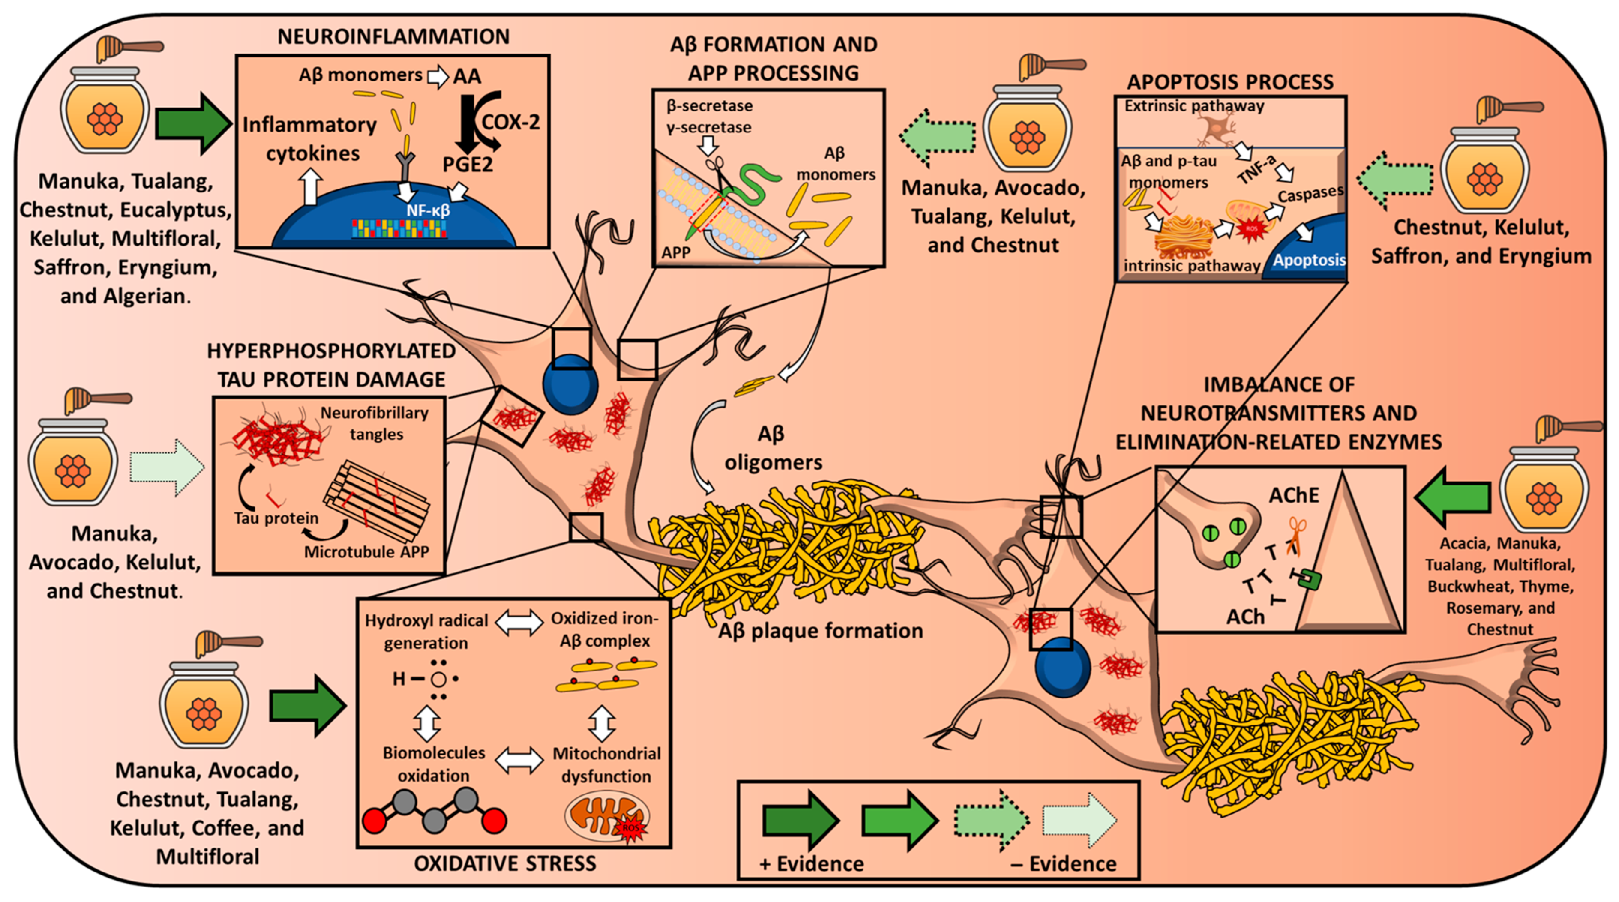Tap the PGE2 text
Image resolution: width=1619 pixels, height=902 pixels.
tap(468, 164)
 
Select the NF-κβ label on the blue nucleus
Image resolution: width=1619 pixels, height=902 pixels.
tap(427, 210)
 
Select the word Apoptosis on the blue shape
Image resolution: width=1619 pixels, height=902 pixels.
tap(1309, 260)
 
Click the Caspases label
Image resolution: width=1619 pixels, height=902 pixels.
tap(1310, 195)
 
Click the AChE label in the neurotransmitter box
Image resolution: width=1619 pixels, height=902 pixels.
tap(1293, 495)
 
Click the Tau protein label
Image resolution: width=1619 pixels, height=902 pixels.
tap(276, 518)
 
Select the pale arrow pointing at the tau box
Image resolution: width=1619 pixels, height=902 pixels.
tap(167, 467)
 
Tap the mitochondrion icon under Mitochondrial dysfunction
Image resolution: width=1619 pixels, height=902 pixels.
tap(606, 817)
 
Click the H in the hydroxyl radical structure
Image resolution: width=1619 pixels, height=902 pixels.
tap(399, 679)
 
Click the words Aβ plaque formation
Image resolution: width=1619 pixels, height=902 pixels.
tap(821, 630)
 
